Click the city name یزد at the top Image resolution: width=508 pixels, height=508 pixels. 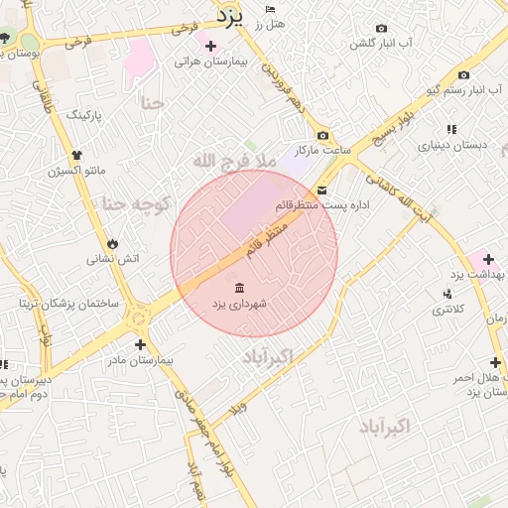tap(237, 13)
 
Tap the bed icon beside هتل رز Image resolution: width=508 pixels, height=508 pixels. tap(272, 9)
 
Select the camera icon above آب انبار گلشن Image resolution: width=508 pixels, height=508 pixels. tap(382, 29)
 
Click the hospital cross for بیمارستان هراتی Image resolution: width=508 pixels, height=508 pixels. tap(209, 46)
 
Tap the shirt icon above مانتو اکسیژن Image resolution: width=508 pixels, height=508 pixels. tap(76, 154)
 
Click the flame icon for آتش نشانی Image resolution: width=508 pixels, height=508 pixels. tap(112, 242)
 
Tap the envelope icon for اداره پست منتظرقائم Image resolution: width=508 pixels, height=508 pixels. tap(321, 190)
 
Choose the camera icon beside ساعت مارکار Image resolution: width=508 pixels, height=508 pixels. tap(322, 135)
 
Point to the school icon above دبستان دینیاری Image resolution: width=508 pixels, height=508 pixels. tap(451, 129)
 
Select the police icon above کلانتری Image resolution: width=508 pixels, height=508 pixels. tap(448, 293)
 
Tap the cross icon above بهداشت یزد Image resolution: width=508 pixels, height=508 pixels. tap(488, 258)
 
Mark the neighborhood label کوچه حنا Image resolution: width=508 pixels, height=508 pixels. tap(136, 203)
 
